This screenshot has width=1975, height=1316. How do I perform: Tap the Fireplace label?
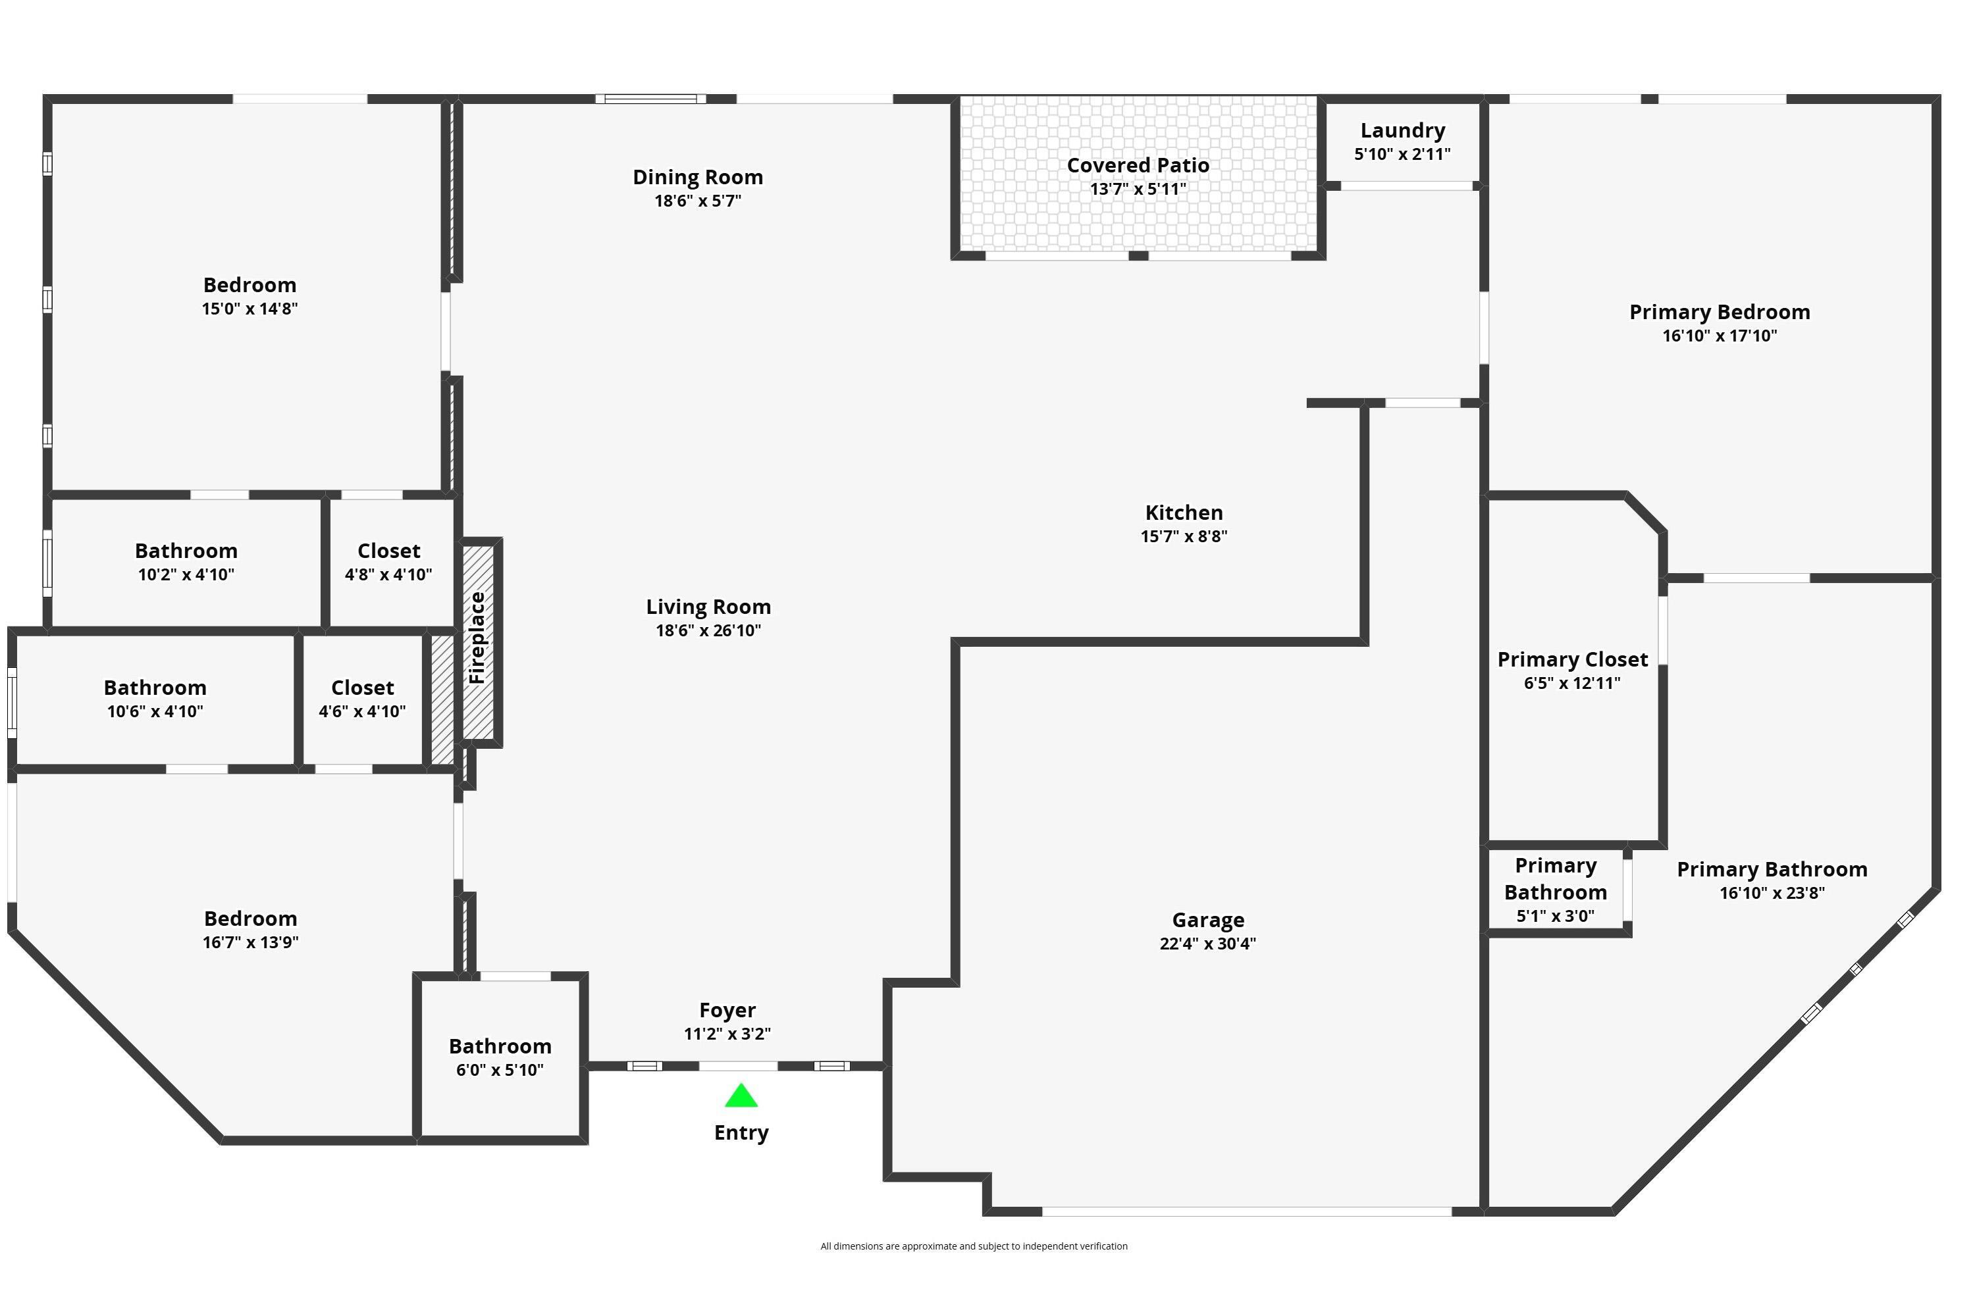pyautogui.click(x=477, y=637)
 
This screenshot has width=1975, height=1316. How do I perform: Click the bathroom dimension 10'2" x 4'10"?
pyautogui.click(x=186, y=575)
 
